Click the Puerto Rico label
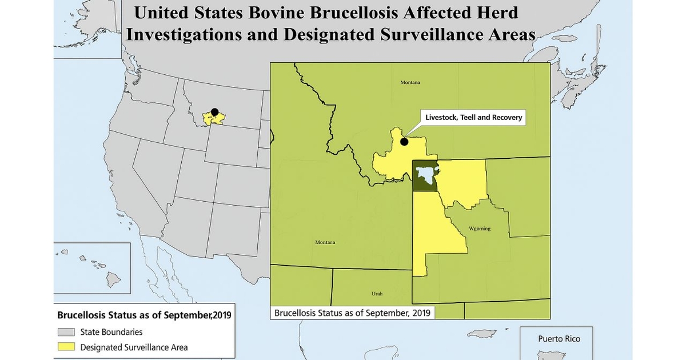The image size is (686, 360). pos(559,339)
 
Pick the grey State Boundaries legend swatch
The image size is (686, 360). pos(66,332)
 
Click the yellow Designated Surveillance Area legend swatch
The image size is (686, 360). pos(66,347)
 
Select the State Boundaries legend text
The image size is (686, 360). pos(111,332)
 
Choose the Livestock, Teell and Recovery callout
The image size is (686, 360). pos(474,117)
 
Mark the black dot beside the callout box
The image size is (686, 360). pos(404,142)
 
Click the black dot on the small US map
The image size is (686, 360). pos(214,112)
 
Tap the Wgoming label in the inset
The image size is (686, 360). pos(480,229)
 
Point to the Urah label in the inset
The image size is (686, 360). pos(377,294)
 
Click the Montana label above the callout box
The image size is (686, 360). pos(410,82)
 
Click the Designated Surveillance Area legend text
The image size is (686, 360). pos(134,347)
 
